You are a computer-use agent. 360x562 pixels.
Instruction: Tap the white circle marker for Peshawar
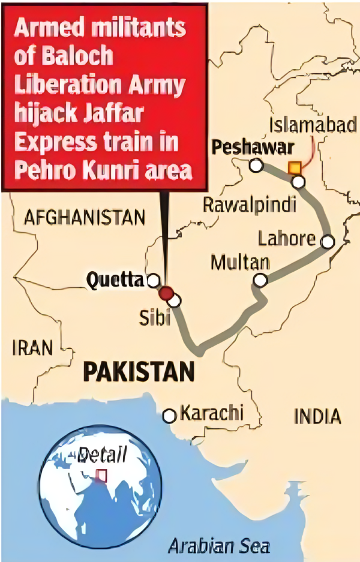(x=256, y=166)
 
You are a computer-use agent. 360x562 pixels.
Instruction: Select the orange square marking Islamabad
(x=294, y=168)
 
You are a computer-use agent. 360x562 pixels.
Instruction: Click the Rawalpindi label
(x=249, y=205)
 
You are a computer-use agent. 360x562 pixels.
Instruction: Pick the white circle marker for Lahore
(x=328, y=242)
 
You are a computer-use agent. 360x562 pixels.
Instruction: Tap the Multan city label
(x=240, y=263)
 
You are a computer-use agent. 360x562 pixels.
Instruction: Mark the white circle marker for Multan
(x=260, y=280)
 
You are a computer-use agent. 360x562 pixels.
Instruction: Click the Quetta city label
(x=115, y=279)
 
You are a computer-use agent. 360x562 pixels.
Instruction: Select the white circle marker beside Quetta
(x=154, y=280)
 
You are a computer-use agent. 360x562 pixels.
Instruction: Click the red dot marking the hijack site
(x=166, y=293)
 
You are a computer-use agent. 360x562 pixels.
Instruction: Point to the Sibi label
(x=153, y=317)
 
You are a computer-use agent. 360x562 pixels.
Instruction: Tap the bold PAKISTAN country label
(x=139, y=372)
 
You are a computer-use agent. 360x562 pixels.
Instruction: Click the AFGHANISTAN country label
(x=84, y=217)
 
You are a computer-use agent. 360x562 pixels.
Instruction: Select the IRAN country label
(x=32, y=347)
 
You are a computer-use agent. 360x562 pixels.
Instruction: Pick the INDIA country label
(x=318, y=416)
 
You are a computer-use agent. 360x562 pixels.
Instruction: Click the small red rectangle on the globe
(x=102, y=475)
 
